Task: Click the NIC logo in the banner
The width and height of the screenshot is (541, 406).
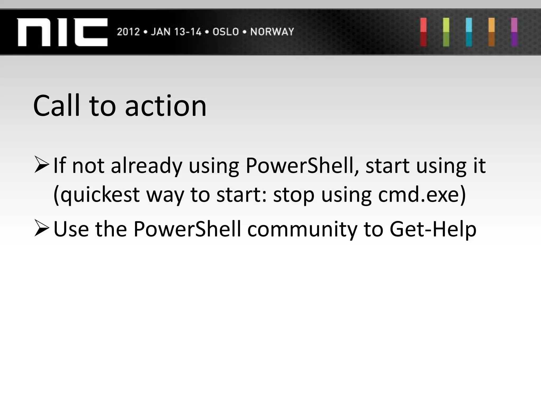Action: pos(62,32)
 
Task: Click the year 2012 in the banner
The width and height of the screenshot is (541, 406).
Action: pos(128,32)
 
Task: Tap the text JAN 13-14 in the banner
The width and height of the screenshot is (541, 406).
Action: pos(176,32)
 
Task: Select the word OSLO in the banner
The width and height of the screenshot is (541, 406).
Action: pos(226,32)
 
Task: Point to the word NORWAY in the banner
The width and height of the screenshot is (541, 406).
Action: pos(272,32)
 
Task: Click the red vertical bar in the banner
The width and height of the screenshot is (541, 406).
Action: pos(423,32)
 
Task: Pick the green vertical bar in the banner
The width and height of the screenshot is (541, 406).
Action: pos(446,32)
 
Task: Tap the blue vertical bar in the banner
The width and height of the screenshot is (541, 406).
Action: pos(469,32)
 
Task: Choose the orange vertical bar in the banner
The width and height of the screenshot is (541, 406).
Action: pos(492,32)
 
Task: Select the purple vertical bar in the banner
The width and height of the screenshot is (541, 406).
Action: pos(514,32)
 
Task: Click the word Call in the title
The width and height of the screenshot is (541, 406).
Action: pos(57,106)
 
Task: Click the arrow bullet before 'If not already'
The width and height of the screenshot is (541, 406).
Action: pos(42,165)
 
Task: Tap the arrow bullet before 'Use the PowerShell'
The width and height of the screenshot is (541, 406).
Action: pos(42,229)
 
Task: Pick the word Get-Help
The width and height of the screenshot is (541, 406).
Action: pos(433,229)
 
